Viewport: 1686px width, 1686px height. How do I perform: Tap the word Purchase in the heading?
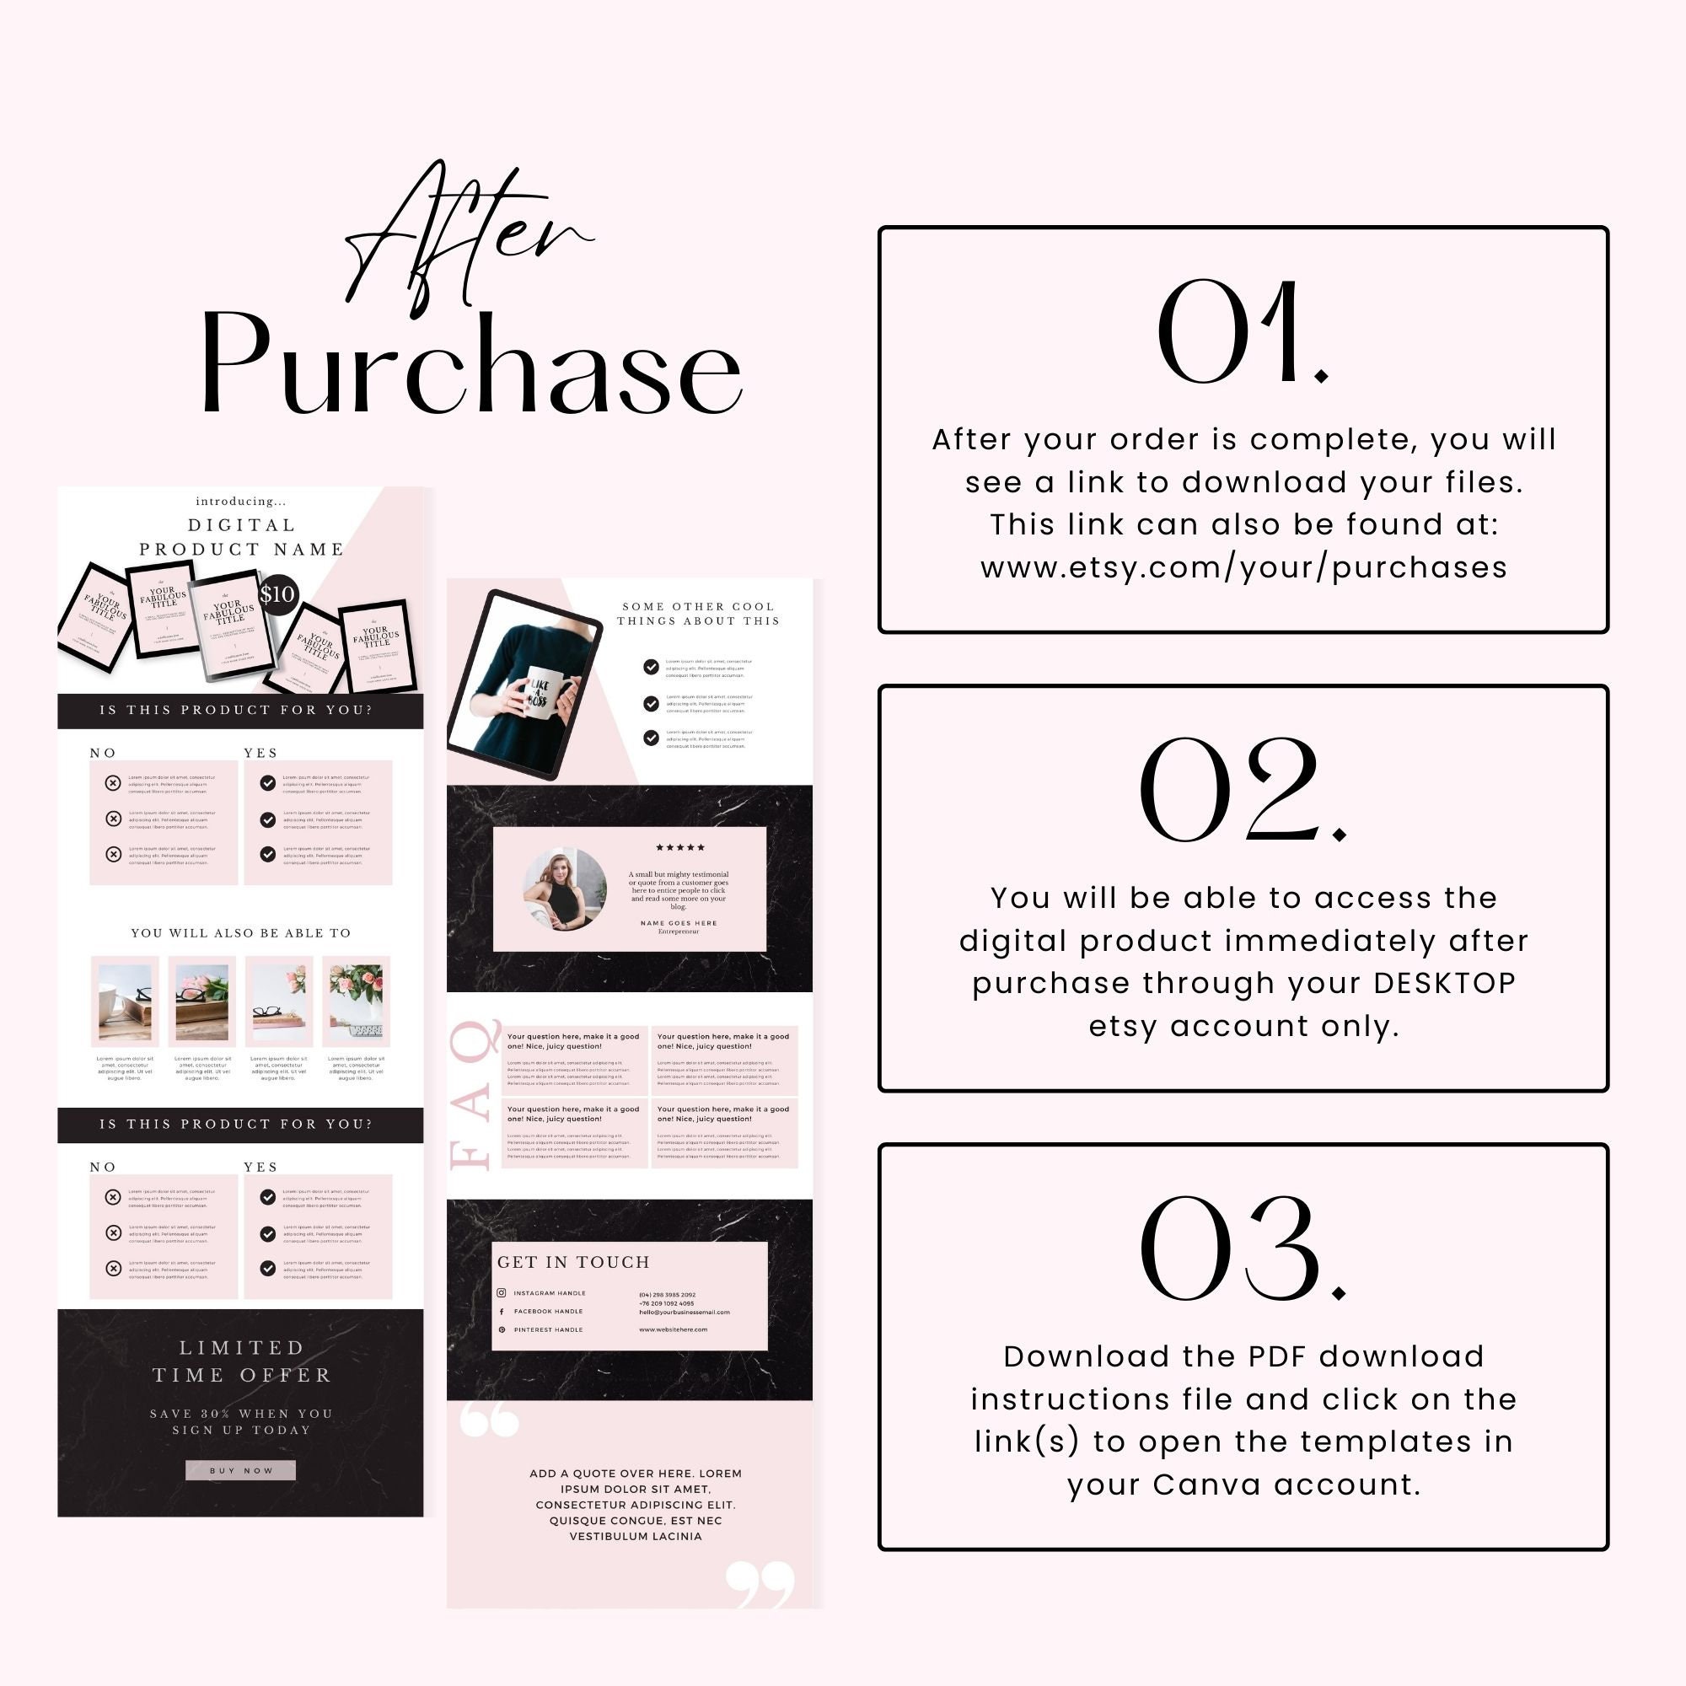pyautogui.click(x=471, y=367)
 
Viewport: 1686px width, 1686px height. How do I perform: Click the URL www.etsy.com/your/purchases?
pyautogui.click(x=1243, y=568)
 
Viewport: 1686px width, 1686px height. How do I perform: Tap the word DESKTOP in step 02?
pyautogui.click(x=1444, y=984)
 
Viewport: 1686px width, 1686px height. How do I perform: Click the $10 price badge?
pyautogui.click(x=278, y=595)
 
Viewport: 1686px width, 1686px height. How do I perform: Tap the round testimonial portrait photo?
pyautogui.click(x=565, y=889)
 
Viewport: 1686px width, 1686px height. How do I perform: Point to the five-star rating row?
pyautogui.click(x=679, y=847)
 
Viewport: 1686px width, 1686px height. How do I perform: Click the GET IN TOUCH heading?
pyautogui.click(x=573, y=1262)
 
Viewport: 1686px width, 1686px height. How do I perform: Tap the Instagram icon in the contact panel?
pyautogui.click(x=502, y=1293)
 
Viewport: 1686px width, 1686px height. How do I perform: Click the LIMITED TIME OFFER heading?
pyautogui.click(x=241, y=1361)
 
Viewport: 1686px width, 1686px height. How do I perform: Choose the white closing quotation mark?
pyautogui.click(x=760, y=1584)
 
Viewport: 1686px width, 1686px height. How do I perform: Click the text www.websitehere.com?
pyautogui.click(x=673, y=1330)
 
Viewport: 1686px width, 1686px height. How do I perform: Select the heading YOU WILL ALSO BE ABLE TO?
pyautogui.click(x=241, y=933)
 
